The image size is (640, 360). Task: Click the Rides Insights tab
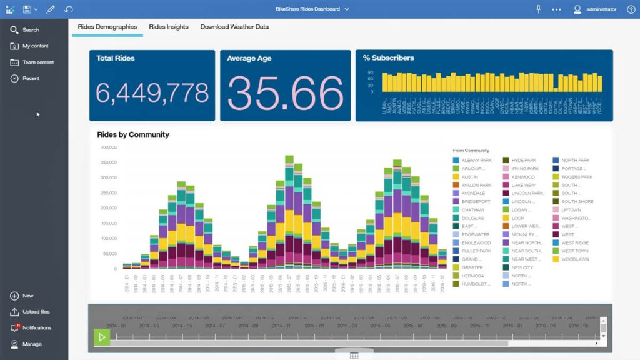point(168,27)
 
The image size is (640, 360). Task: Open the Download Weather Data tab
point(234,27)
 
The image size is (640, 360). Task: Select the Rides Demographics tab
point(107,27)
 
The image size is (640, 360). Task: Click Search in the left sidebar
point(30,30)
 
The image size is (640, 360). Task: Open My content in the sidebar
point(35,46)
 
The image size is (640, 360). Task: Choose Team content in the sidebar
point(37,62)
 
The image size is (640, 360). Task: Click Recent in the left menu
point(31,79)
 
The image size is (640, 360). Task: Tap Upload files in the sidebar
point(36,312)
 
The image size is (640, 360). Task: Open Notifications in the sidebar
point(36,328)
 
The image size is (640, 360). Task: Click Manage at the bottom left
point(32,344)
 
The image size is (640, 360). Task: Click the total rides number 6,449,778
point(152,93)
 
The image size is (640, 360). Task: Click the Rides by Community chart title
point(133,134)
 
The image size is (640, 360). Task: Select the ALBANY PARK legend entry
point(476,161)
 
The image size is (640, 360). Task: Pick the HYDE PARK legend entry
point(524,161)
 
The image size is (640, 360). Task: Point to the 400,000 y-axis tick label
point(108,147)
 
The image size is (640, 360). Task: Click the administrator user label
point(601,9)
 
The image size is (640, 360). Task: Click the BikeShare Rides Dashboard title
point(307,9)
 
